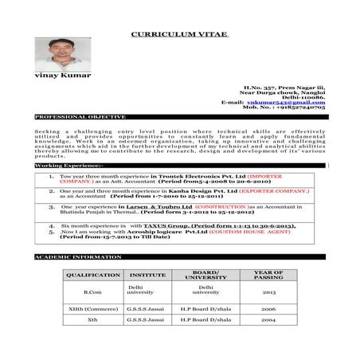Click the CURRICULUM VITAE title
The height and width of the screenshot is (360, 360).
[x=179, y=35]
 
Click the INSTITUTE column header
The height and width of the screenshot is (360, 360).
[x=147, y=275]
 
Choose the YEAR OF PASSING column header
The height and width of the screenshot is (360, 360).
[x=268, y=275]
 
